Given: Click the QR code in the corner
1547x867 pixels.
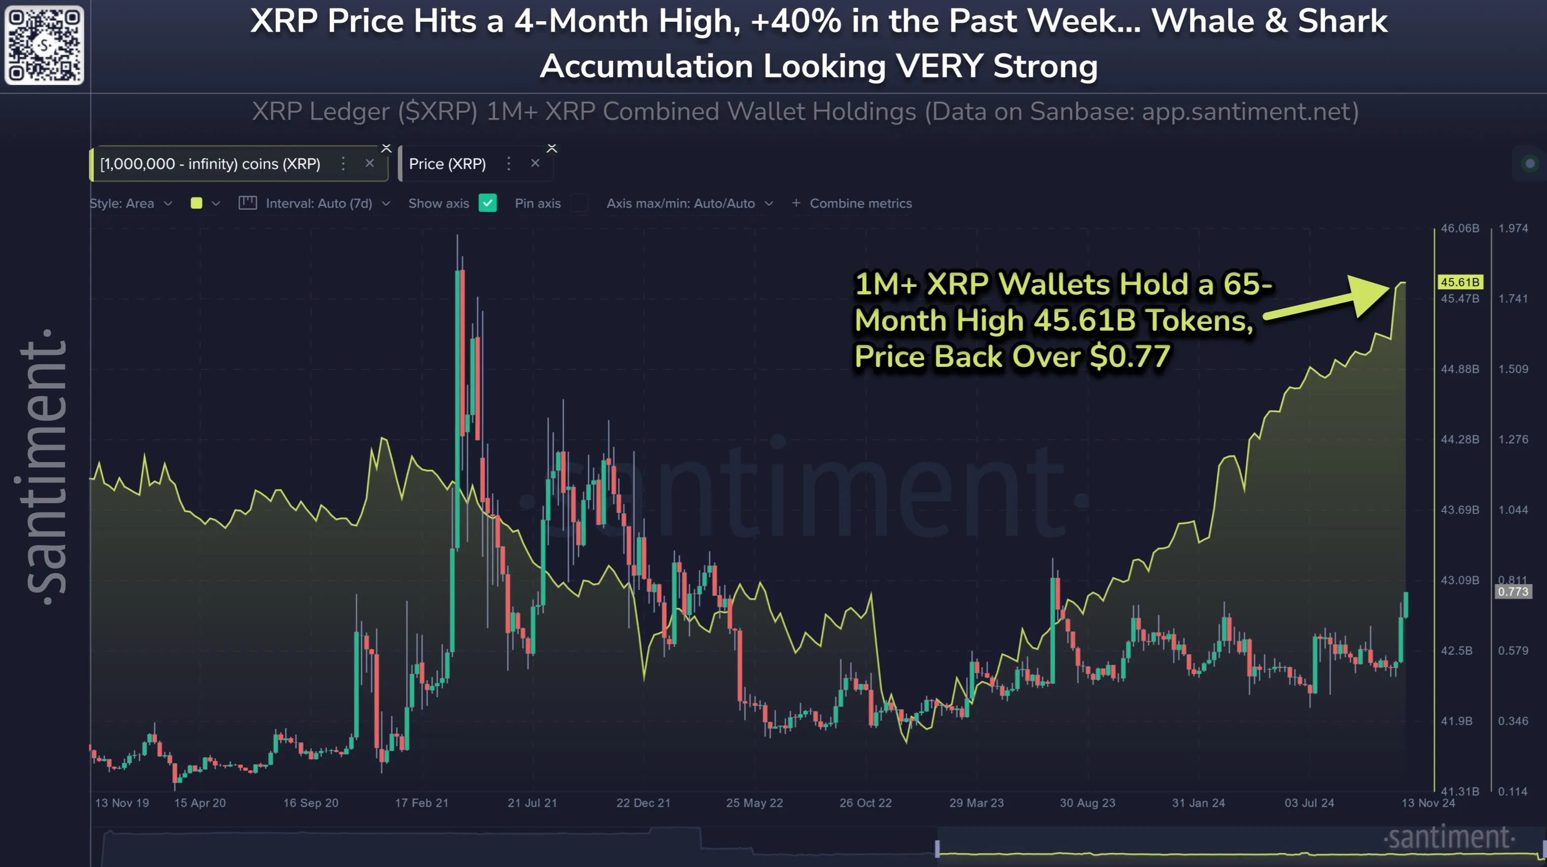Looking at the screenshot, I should [x=44, y=45].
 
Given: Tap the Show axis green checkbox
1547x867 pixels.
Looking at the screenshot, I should [x=488, y=203].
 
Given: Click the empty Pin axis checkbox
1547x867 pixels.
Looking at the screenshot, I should [x=579, y=203].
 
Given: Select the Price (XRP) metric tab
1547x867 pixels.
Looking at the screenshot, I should [x=447, y=164].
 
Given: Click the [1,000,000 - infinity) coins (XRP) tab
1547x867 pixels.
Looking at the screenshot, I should [x=210, y=164].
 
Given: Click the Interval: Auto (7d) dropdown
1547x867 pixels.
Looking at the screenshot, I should [x=318, y=203].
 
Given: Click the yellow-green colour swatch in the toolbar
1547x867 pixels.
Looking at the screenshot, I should [x=197, y=203].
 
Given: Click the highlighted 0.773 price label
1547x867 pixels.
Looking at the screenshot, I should [x=1512, y=591].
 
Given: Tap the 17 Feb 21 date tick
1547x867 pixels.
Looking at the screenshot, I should [x=422, y=803].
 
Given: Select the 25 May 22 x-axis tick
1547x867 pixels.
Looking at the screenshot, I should [x=754, y=803].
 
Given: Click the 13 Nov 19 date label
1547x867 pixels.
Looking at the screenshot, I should [x=122, y=803].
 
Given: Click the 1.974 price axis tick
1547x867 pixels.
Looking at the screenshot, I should [x=1513, y=228].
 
